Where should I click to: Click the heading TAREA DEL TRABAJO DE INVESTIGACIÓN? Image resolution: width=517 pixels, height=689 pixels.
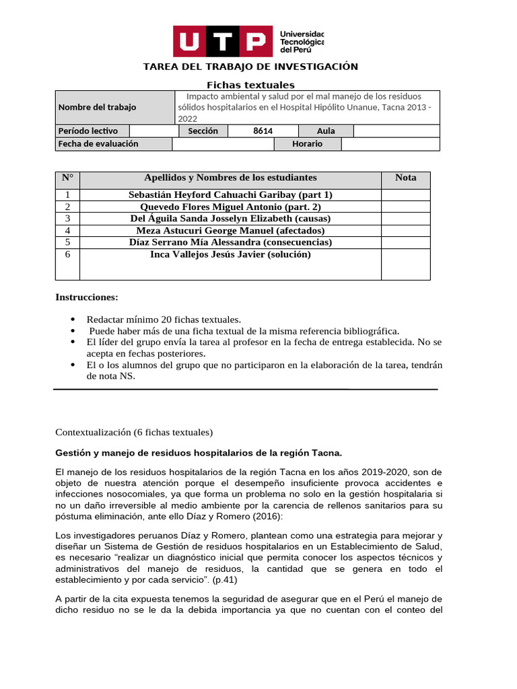250,67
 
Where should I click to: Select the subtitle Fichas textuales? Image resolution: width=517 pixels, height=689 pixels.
250,85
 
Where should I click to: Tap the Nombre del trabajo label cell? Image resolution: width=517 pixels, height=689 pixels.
97,108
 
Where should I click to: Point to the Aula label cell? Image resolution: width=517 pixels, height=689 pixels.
326,131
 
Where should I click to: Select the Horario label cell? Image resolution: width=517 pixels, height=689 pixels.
307,144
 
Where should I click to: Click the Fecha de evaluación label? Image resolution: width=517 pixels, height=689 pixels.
98,144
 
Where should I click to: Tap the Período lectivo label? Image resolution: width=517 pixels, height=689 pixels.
88,131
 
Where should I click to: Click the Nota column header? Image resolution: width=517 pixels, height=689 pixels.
405,178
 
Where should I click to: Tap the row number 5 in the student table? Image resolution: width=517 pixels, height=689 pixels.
67,242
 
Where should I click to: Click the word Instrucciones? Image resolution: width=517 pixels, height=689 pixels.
87,297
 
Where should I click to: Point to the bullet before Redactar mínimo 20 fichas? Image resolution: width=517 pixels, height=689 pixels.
73,320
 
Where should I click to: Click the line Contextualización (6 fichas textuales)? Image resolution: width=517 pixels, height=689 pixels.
134,432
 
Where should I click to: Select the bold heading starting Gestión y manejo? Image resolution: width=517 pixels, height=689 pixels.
199,452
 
